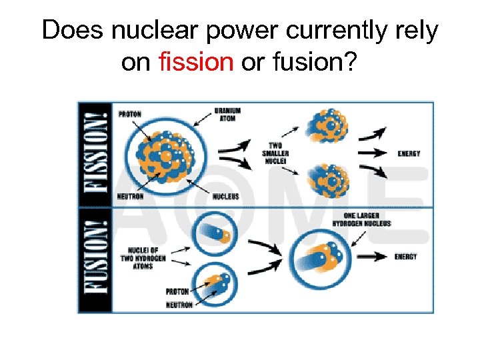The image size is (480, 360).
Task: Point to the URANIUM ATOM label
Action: tap(227, 114)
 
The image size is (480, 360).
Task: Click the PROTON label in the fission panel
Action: tap(130, 114)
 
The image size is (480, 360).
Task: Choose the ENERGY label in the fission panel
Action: tap(408, 154)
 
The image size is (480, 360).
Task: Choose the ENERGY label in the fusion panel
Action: tap(405, 257)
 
